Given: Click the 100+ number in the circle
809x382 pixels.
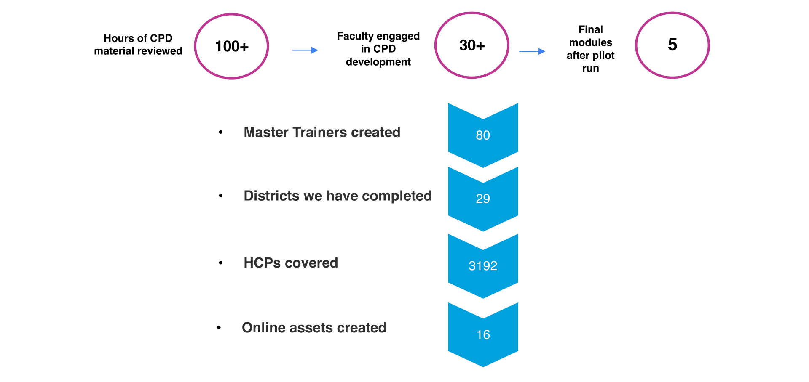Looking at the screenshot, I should click(x=232, y=46).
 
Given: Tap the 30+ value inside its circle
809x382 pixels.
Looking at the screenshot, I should click(x=472, y=45).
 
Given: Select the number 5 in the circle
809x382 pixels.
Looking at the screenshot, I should click(x=672, y=45).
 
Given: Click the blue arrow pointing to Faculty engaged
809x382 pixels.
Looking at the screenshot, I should click(x=305, y=50).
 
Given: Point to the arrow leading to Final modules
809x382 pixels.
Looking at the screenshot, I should click(x=532, y=51).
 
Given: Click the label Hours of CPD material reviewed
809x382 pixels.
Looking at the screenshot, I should click(x=138, y=45).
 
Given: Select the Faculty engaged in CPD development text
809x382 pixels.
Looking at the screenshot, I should click(x=378, y=49).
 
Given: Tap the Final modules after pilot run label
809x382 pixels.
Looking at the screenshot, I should click(x=590, y=49).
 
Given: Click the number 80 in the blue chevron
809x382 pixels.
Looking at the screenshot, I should click(x=483, y=135).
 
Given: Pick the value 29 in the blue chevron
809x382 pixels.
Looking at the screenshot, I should click(x=483, y=199).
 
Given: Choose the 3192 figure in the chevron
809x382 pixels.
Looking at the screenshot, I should click(x=483, y=266).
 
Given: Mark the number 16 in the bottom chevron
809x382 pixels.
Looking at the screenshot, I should click(x=483, y=334).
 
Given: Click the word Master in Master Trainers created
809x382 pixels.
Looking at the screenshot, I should click(x=266, y=132).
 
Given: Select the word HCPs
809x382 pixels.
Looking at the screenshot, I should click(x=262, y=263).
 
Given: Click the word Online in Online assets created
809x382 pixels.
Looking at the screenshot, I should click(x=263, y=328).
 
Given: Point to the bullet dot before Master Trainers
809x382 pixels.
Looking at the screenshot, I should click(x=221, y=133).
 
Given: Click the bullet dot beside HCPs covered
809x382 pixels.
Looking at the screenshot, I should click(x=221, y=263).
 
